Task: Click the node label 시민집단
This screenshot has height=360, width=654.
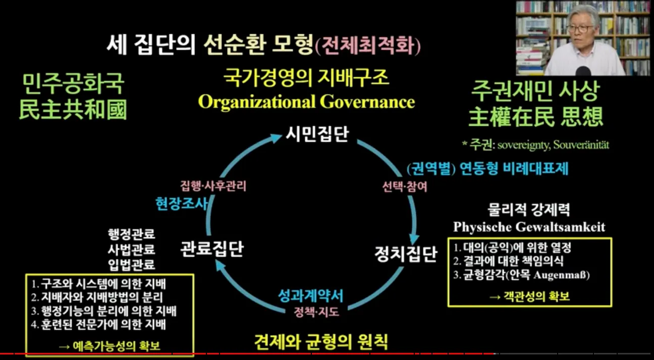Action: coord(317,134)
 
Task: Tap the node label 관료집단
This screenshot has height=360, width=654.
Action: coord(212,249)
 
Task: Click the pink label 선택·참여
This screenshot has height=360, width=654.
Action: coord(405,186)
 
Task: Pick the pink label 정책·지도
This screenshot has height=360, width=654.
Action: coord(316,312)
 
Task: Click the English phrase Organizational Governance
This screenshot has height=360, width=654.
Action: coord(306,101)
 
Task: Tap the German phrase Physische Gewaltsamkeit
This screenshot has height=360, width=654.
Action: coord(529,227)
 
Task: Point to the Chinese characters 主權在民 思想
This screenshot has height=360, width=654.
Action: coord(536,117)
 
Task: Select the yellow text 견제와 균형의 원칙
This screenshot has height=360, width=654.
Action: coord(321,342)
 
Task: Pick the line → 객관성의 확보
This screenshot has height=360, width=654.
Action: coord(529,296)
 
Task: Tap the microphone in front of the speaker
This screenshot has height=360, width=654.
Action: coord(583,71)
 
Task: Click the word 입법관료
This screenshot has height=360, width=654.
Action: coord(131,264)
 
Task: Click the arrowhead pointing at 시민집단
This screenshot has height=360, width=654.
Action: coord(275,137)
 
